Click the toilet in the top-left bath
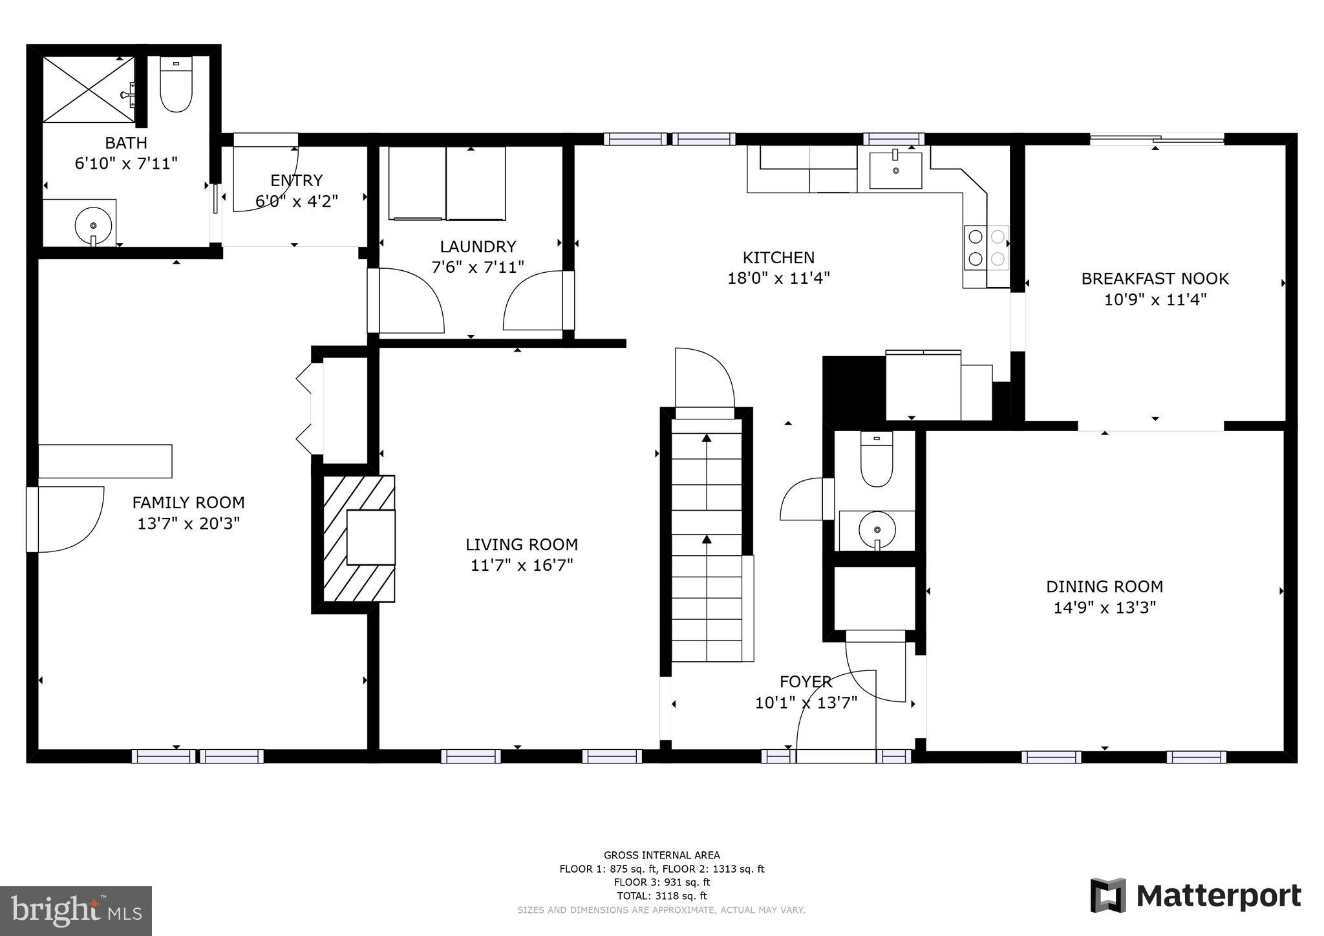click(176, 86)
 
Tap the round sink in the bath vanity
click(93, 226)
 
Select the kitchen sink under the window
click(895, 170)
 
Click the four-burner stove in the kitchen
click(987, 247)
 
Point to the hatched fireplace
click(359, 538)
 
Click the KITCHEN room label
click(778, 257)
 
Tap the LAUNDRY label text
click(478, 246)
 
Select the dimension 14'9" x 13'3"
click(1104, 608)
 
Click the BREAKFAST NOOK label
click(1155, 279)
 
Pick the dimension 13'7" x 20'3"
click(188, 524)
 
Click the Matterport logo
click(1195, 895)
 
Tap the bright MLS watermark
click(76, 911)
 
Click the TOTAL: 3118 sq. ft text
click(661, 896)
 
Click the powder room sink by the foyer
click(877, 531)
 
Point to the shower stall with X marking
click(89, 89)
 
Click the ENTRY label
click(296, 180)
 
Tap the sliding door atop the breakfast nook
click(1157, 139)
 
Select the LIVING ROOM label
click(521, 544)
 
